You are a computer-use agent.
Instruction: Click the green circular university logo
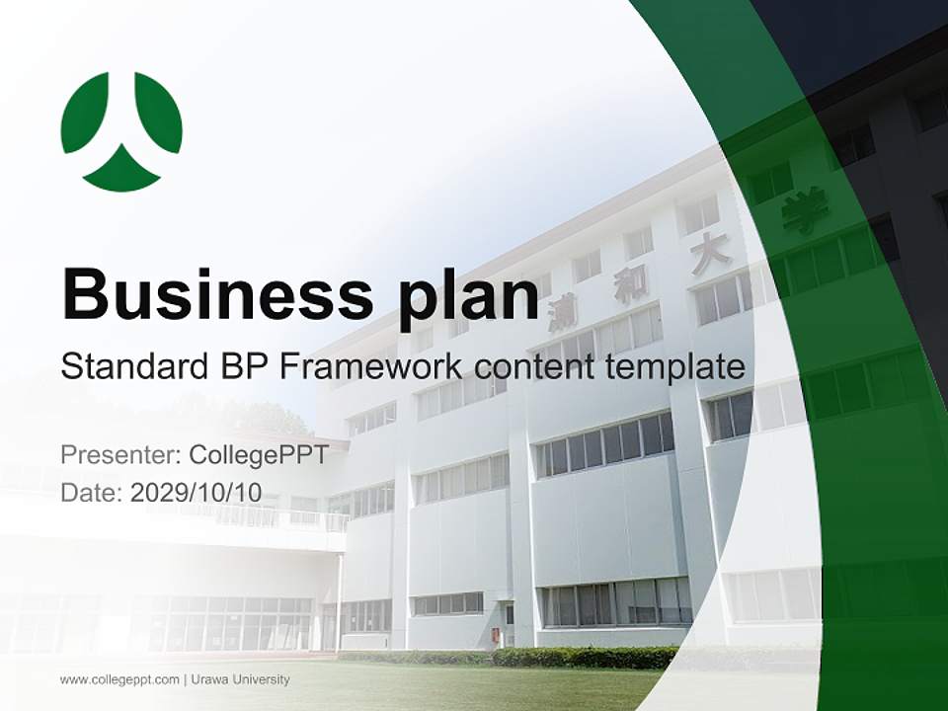pyautogui.click(x=121, y=130)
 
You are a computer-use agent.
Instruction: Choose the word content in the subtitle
pyautogui.click(x=535, y=367)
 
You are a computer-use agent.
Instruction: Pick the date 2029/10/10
pyautogui.click(x=196, y=492)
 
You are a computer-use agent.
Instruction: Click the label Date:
pyautogui.click(x=92, y=492)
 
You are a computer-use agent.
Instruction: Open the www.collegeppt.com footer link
pyautogui.click(x=119, y=679)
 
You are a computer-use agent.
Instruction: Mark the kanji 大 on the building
pyautogui.click(x=709, y=254)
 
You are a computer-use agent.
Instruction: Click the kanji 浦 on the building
pyautogui.click(x=563, y=310)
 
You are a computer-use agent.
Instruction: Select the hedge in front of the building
pyautogui.click(x=583, y=657)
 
